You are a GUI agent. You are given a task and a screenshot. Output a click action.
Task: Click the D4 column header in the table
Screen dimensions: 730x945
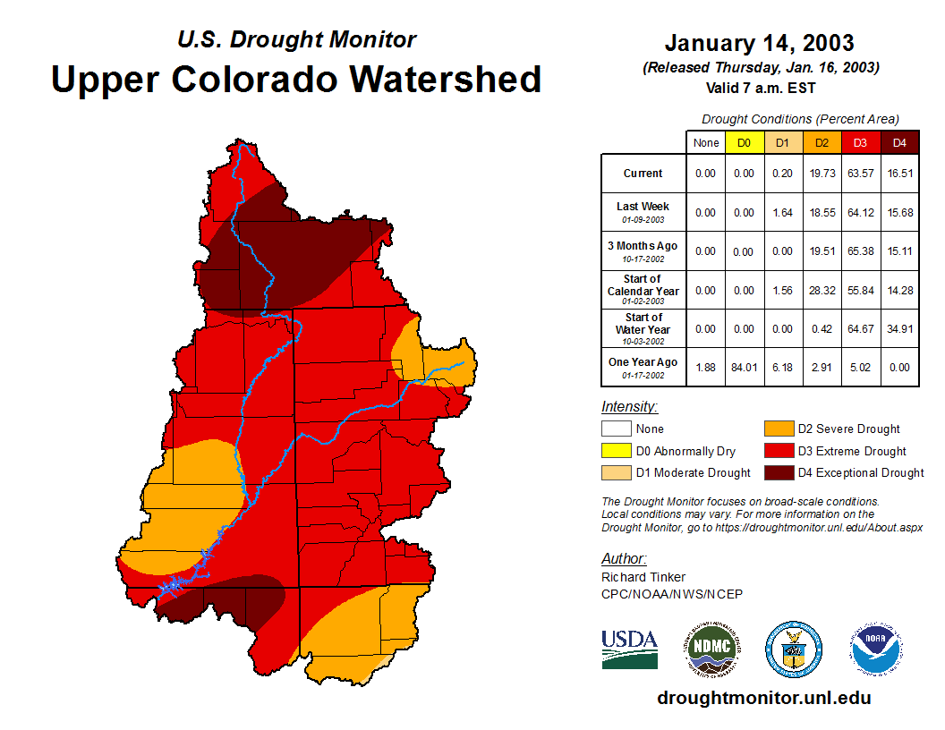click(x=900, y=142)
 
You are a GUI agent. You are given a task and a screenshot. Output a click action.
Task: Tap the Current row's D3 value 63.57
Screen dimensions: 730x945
click(x=861, y=174)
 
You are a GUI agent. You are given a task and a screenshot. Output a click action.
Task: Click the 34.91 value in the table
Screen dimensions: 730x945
click(x=900, y=328)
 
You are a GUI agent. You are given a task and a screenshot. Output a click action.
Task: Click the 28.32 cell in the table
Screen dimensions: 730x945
click(x=822, y=290)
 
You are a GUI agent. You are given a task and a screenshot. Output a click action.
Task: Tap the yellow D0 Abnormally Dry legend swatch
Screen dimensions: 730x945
click(x=616, y=451)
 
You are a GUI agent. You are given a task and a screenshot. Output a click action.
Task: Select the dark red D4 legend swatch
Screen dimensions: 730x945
click(x=778, y=472)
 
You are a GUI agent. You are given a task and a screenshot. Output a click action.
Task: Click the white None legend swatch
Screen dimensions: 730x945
click(x=616, y=429)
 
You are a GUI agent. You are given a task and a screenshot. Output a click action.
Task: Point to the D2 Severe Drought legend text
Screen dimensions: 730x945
click(x=848, y=429)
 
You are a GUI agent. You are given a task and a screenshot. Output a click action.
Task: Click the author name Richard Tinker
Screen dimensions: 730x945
click(x=643, y=577)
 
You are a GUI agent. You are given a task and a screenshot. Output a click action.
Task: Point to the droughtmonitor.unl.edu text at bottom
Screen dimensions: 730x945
click(x=763, y=698)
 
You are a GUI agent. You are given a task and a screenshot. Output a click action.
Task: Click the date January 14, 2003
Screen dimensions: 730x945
click(x=759, y=43)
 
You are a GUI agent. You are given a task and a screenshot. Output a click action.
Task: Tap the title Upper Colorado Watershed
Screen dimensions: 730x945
click(x=296, y=79)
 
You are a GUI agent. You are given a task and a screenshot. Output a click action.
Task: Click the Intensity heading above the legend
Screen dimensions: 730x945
click(x=629, y=407)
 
